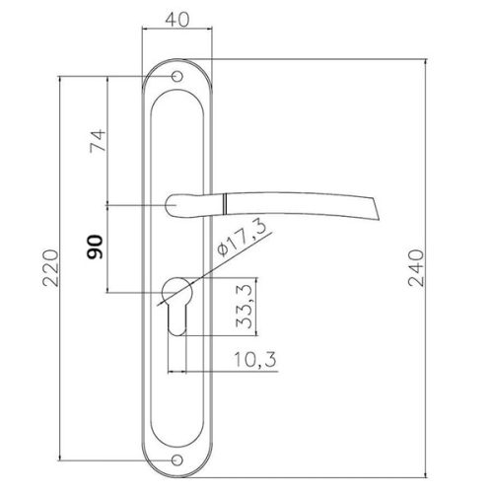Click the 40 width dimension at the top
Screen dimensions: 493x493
[177, 20]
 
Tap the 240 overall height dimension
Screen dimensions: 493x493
[416, 268]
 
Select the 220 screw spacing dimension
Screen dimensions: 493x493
[51, 268]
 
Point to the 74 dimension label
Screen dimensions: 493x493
[98, 141]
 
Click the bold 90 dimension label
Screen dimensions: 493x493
[95, 246]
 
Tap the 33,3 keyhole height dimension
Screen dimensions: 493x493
[245, 307]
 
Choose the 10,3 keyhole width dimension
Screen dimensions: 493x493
[255, 359]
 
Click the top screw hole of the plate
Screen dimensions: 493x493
[177, 76]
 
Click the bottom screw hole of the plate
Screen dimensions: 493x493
[177, 460]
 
